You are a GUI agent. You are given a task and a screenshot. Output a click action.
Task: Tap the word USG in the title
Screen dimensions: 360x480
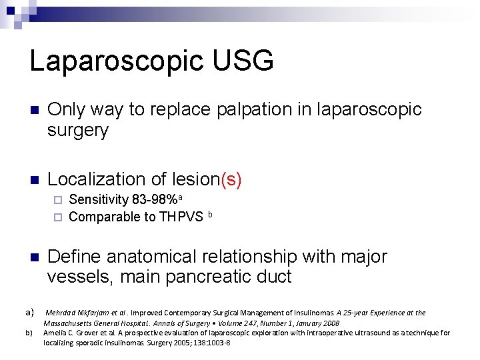(242, 61)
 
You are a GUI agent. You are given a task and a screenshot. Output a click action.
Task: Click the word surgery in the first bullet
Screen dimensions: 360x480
(77, 131)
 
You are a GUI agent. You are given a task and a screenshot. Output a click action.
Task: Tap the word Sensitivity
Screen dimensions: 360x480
(97, 199)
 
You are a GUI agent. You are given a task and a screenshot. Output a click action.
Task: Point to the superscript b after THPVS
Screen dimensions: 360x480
(210, 214)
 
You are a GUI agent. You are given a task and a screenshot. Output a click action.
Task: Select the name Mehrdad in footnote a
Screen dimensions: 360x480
(61, 313)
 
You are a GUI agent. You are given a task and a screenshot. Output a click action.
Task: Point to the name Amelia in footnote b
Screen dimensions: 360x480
(56, 333)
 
